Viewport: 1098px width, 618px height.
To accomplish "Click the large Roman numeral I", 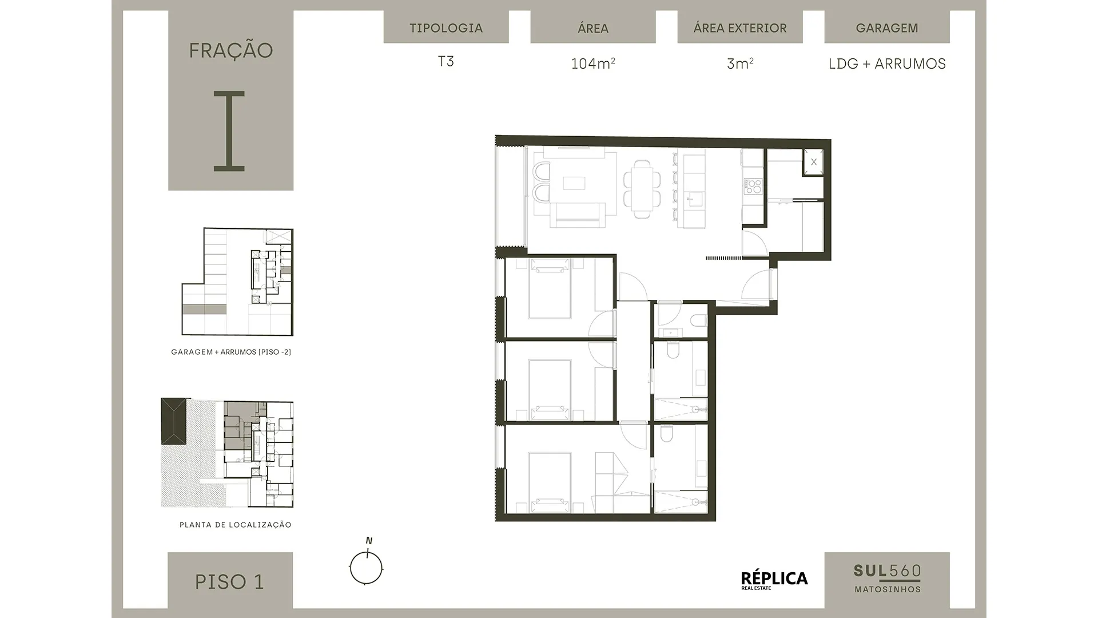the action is [229, 131].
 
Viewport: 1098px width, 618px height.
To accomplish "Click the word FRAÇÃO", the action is [231, 50].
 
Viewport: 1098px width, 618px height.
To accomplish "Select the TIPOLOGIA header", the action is [446, 27].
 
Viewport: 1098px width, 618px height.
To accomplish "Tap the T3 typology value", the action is [446, 61].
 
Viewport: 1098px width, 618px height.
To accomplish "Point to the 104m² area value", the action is [593, 63].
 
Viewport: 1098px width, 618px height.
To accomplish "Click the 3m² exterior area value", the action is [740, 63].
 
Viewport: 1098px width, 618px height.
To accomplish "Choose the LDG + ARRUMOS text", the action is [887, 64].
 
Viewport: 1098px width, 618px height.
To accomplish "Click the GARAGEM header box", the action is [887, 27].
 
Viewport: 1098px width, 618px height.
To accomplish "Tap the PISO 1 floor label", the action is [230, 581].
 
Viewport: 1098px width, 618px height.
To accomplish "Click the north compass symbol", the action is [366, 566].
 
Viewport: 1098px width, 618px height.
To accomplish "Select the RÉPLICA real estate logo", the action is [774, 580].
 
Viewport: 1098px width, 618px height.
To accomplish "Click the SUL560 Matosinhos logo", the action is [887, 579].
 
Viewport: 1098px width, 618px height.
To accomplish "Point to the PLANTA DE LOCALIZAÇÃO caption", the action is [236, 525].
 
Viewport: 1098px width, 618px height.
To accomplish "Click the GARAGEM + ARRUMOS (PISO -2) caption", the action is [231, 352].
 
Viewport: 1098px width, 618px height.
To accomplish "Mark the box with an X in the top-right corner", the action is [814, 162].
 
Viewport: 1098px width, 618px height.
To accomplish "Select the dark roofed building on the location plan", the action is [174, 421].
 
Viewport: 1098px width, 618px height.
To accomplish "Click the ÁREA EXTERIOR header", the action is [740, 27].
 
